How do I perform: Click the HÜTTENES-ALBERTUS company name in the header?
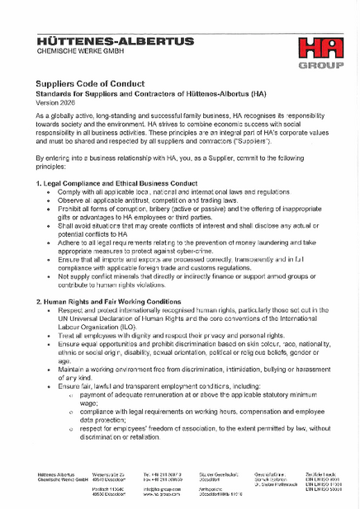click(x=115, y=40)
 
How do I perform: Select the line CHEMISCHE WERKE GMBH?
click(x=74, y=51)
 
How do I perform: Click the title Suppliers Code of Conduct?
click(x=90, y=83)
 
